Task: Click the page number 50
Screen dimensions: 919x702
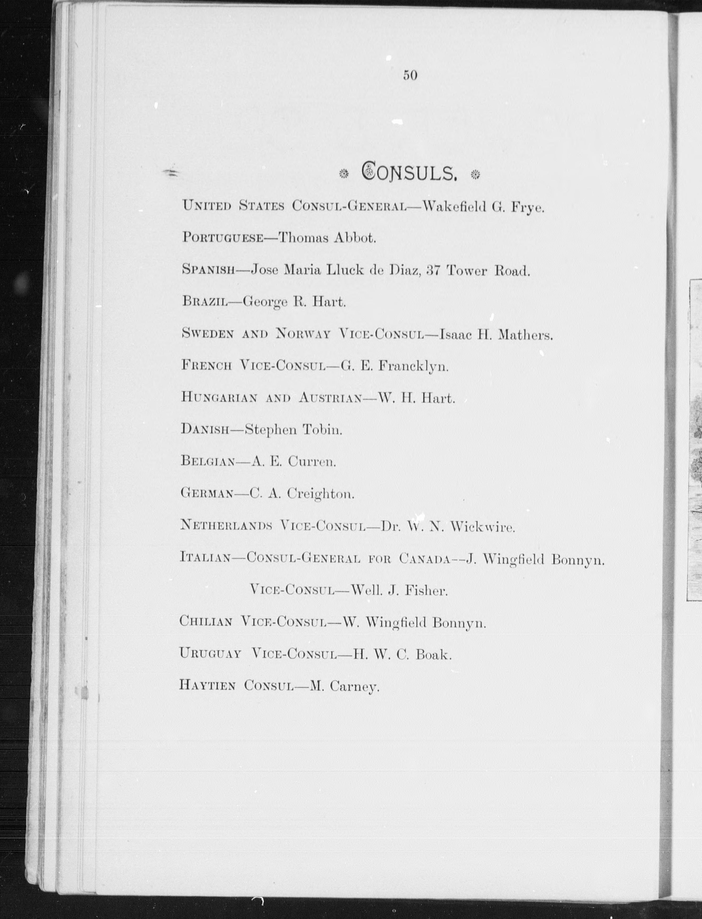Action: (x=410, y=75)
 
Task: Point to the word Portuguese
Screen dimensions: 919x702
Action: (x=222, y=238)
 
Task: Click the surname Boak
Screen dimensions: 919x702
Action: (x=433, y=654)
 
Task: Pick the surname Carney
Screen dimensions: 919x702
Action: (x=354, y=687)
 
